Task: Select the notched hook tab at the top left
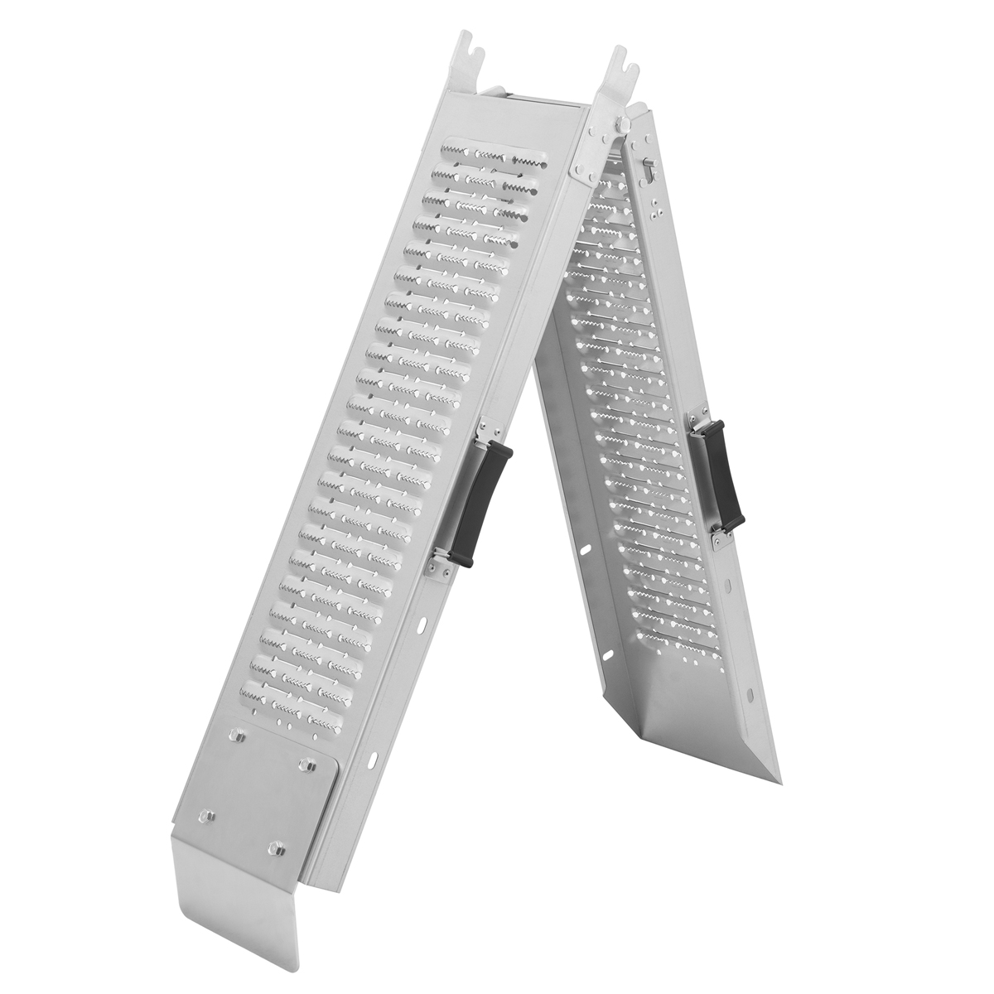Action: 471,55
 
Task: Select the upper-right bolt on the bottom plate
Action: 309,760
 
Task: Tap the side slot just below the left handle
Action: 424,620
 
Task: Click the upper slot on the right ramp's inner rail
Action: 586,550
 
